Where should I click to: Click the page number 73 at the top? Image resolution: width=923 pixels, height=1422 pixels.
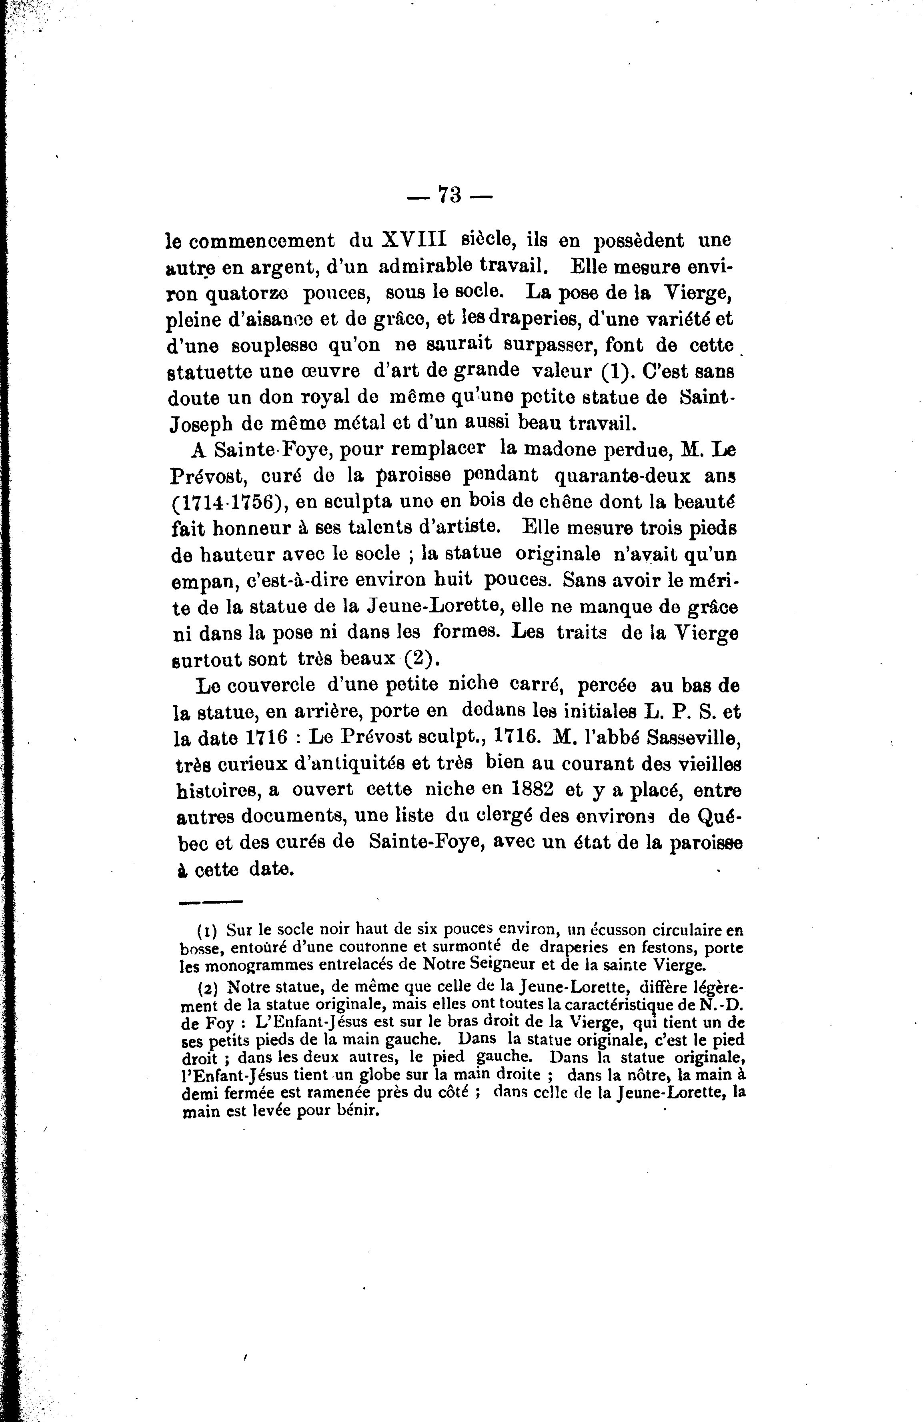tap(450, 195)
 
